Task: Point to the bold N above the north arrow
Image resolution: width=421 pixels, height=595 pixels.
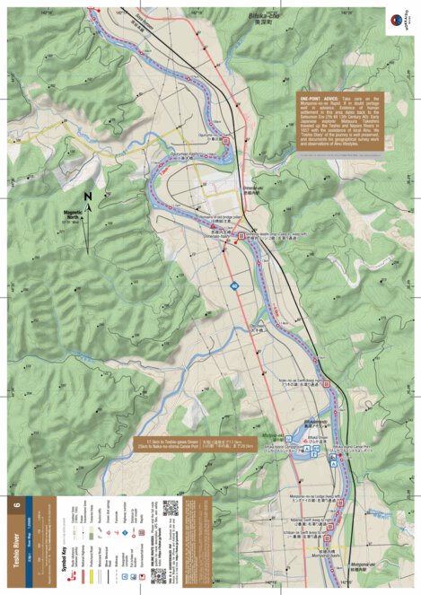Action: click(87, 195)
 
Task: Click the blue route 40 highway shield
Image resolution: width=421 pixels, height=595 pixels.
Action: click(234, 285)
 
